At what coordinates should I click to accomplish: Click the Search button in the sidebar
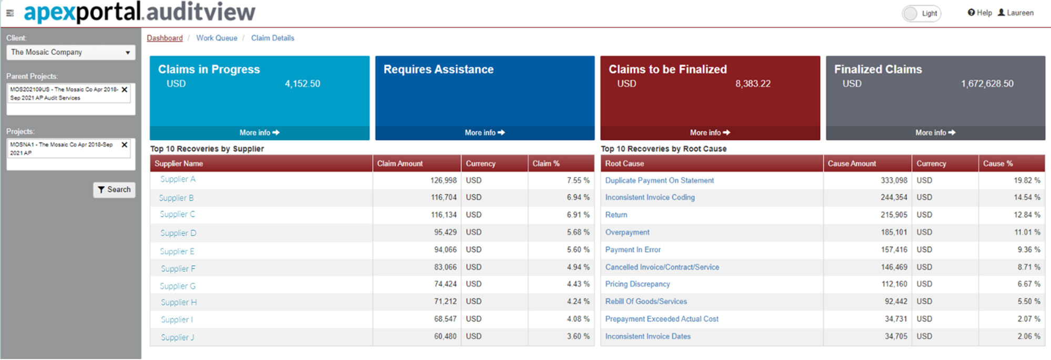[114, 190]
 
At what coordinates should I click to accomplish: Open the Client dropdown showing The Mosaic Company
[70, 52]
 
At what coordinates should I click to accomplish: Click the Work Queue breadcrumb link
[217, 38]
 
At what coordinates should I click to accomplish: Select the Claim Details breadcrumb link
[272, 38]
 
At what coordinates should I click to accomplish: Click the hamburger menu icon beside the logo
[10, 13]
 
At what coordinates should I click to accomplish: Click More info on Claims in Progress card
[259, 133]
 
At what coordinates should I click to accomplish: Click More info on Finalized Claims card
[935, 133]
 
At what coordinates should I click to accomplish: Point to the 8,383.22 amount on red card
[753, 84]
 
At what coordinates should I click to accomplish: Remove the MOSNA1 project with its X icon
[125, 145]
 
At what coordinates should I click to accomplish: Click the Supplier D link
[178, 233]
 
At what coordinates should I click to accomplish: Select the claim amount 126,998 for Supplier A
[443, 180]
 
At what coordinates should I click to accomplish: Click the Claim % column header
[545, 163]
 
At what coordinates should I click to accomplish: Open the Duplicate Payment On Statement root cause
[659, 180]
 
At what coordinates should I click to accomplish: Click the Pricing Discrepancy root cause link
[637, 284]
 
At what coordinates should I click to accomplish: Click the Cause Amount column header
[851, 163]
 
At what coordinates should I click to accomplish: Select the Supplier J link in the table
[177, 337]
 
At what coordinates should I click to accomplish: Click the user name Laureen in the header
[1019, 13]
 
